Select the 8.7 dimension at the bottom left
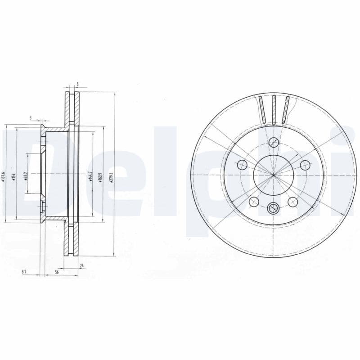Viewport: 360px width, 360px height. [24, 272]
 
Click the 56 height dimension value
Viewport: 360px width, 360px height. [57, 272]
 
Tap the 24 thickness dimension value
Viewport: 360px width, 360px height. [81, 265]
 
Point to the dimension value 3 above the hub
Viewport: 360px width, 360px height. [31, 118]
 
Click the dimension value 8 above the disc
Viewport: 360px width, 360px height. [77, 84]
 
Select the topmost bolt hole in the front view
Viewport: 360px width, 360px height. [273, 143]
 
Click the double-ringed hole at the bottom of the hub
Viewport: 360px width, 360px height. [273, 207]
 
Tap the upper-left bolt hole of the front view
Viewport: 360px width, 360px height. [242, 165]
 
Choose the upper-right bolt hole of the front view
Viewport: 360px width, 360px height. [305, 165]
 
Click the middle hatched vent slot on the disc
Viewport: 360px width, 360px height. [273, 110]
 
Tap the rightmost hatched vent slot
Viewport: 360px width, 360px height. [285, 109]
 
